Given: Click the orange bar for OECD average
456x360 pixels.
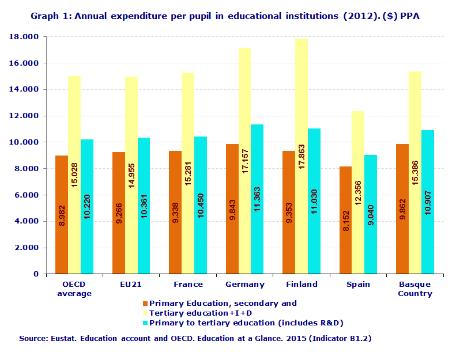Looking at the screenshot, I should pyautogui.click(x=62, y=214).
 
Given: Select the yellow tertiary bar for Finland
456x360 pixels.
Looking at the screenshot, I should pyautogui.click(x=301, y=156).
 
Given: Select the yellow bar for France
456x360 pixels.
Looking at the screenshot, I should pyautogui.click(x=188, y=173).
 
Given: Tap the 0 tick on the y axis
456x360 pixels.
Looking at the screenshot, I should pyautogui.click(x=36, y=274).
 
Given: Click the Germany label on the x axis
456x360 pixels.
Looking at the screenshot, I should pyautogui.click(x=245, y=285).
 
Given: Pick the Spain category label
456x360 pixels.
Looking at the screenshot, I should pyautogui.click(x=358, y=285).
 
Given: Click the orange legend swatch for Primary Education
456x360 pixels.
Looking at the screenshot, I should pyautogui.click(x=145, y=304).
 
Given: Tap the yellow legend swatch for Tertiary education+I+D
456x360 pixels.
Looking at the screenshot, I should pyautogui.click(x=145, y=313).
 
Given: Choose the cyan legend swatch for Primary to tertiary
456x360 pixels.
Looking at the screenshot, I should pyautogui.click(x=145, y=323).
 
